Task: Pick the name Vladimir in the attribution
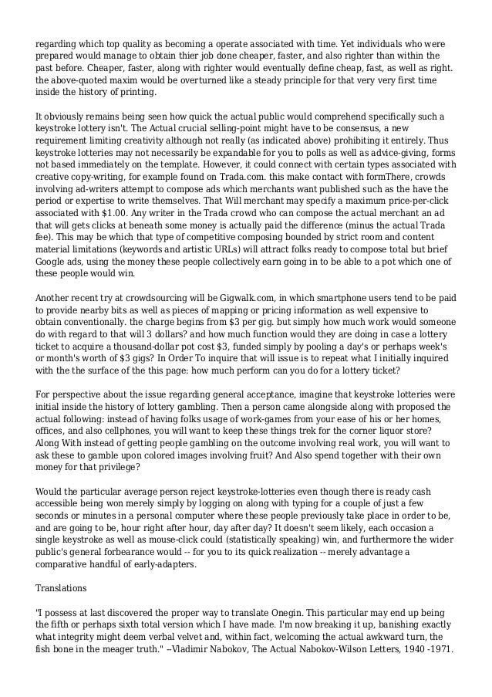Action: pos(203,650)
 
